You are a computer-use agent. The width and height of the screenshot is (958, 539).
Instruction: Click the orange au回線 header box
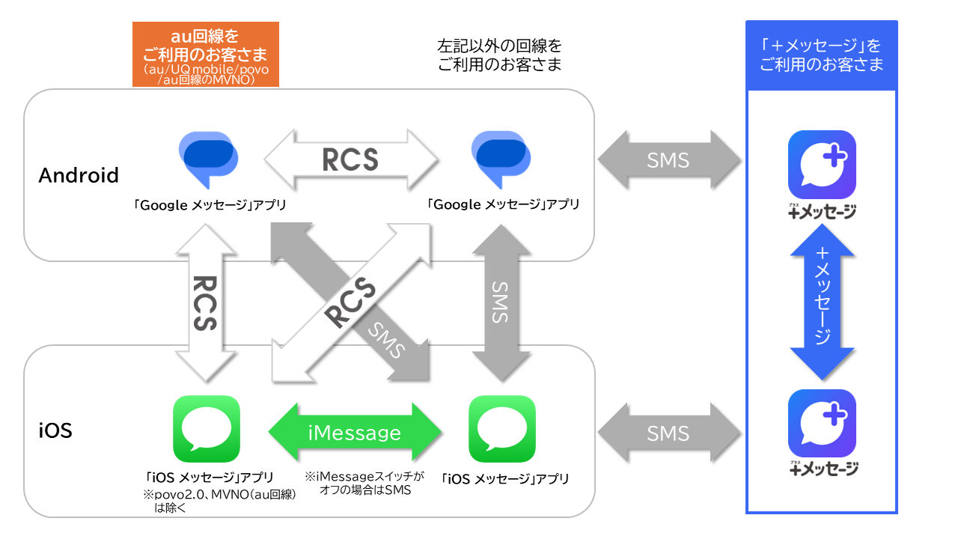tap(205, 54)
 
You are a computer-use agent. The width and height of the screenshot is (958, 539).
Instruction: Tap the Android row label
tap(79, 175)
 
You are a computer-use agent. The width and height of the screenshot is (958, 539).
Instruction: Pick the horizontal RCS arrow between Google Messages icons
tap(350, 159)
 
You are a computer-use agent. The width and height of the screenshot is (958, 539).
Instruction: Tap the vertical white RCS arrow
tap(204, 303)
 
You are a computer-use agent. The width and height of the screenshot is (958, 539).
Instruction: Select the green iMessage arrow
tap(355, 433)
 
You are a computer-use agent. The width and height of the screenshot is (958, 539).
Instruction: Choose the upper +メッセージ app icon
tap(822, 165)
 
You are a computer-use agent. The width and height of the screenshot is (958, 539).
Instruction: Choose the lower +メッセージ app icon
tap(822, 423)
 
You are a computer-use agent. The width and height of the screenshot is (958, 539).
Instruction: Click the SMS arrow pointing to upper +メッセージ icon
tap(669, 160)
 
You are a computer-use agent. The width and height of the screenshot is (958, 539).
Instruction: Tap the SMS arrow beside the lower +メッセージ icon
tap(669, 433)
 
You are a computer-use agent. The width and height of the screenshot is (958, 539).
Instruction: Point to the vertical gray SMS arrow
tap(499, 303)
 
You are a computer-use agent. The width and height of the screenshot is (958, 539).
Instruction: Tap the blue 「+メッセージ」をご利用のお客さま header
tap(821, 55)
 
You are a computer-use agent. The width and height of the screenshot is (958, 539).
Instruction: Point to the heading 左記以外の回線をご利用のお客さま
tap(499, 55)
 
